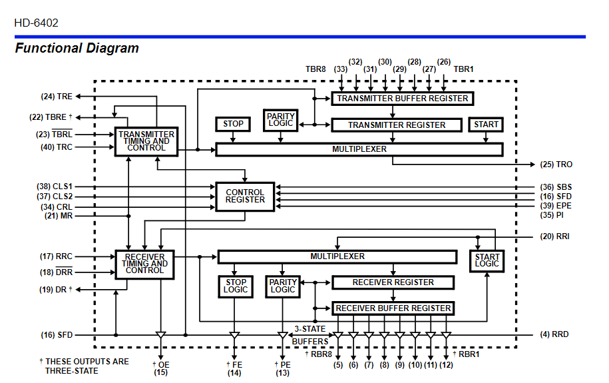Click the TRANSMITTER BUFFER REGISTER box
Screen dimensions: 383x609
pos(402,99)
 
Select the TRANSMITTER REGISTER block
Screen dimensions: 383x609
pos(397,125)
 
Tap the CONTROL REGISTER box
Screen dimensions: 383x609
pos(245,196)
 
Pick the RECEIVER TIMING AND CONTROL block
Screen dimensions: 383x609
pos(144,263)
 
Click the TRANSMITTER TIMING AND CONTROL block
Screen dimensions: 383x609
pos(146,141)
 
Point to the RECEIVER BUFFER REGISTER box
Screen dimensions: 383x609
pos(393,308)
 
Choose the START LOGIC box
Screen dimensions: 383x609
pos(487,260)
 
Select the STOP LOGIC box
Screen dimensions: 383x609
pos(235,286)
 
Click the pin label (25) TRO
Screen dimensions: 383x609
pos(556,165)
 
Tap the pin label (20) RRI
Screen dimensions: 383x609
pos(554,236)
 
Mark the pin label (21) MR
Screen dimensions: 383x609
pos(59,216)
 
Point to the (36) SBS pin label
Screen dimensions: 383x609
pos(555,187)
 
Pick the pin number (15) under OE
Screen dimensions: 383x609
pos(160,372)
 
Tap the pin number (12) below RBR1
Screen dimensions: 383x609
pos(446,365)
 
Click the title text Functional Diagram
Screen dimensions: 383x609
pos(77,48)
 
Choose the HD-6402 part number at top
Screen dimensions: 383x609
pos(36,23)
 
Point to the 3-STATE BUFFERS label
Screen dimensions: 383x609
pos(310,335)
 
